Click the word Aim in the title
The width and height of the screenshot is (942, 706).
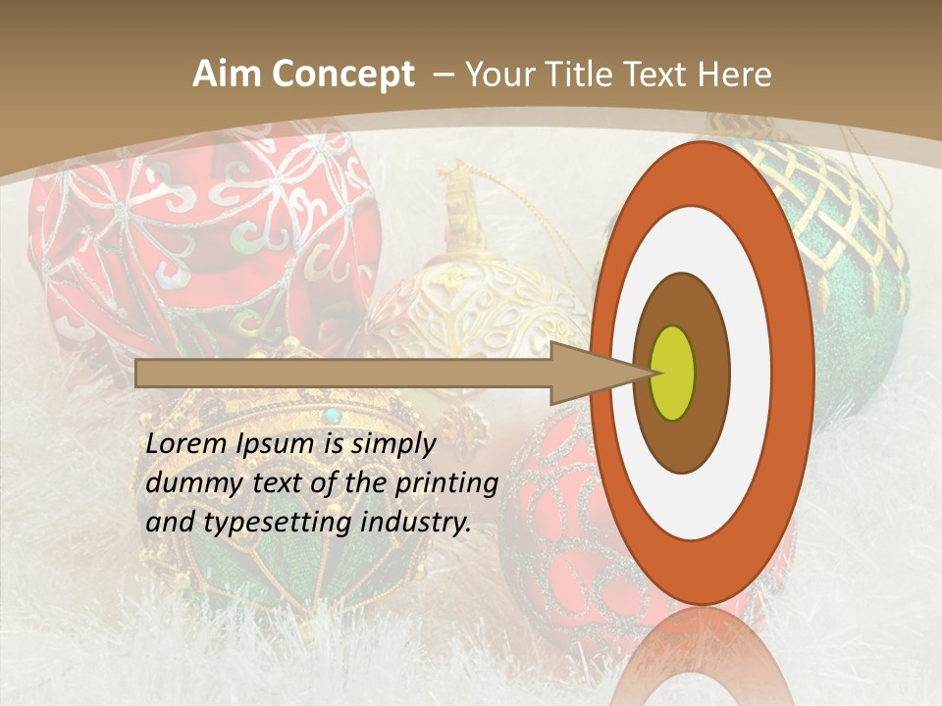[x=227, y=75]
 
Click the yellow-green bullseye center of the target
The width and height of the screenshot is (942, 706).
[x=674, y=373]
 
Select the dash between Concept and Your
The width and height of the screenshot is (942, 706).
[x=443, y=75]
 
